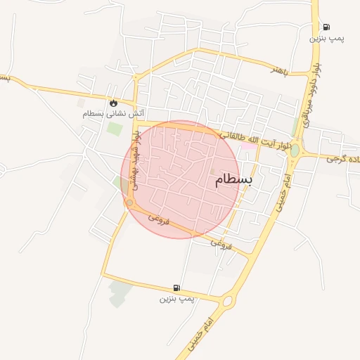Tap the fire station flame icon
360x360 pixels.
point(113,102)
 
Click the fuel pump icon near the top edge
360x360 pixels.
point(326,27)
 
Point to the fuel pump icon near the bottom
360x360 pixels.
point(176,288)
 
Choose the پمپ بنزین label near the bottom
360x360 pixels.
point(176,299)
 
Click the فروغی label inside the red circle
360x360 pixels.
point(161,219)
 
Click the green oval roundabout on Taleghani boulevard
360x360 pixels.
point(295,150)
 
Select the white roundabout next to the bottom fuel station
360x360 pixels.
point(227,302)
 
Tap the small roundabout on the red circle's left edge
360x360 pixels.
point(129,202)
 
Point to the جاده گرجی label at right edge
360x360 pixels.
point(343,159)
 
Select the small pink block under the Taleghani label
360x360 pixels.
point(245,147)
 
